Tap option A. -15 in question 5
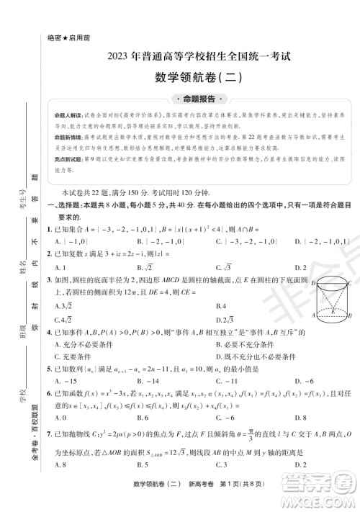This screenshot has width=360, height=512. click(66, 381)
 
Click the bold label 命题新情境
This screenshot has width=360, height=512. click(71, 137)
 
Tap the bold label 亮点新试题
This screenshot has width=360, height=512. click(71, 160)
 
